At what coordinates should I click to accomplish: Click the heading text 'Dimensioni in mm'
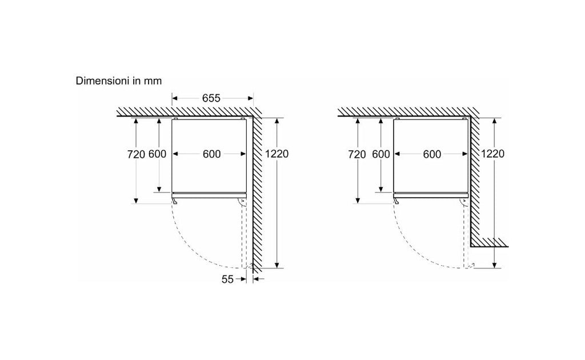pyautogui.click(x=119, y=81)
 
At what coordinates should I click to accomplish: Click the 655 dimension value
pyautogui.click(x=211, y=98)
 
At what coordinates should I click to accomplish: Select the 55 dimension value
pyautogui.click(x=227, y=279)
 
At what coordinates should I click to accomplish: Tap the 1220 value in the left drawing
pyautogui.click(x=277, y=154)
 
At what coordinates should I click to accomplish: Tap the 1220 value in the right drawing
pyautogui.click(x=492, y=154)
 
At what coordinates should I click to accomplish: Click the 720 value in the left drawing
pyautogui.click(x=136, y=154)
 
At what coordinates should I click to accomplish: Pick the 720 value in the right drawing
pyautogui.click(x=357, y=154)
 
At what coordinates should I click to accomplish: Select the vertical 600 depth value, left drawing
pyautogui.click(x=158, y=154)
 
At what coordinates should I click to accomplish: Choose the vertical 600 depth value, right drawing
pyautogui.click(x=381, y=154)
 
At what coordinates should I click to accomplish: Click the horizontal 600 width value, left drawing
pyautogui.click(x=211, y=154)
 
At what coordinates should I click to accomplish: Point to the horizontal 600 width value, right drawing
pyautogui.click(x=432, y=154)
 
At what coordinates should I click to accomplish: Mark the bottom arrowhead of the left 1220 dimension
pyautogui.click(x=277, y=265)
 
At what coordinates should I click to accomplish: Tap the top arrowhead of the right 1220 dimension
pyautogui.click(x=494, y=121)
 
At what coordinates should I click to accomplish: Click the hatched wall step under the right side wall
pyautogui.click(x=489, y=242)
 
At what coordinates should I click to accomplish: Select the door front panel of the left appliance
pyautogui.click(x=209, y=195)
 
